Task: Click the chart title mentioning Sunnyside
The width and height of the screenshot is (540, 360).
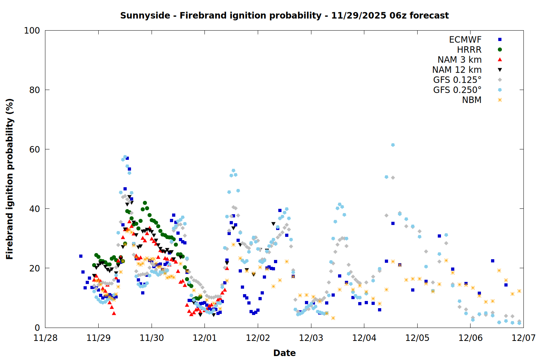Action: click(x=284, y=15)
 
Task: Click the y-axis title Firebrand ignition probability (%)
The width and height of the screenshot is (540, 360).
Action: click(x=9, y=179)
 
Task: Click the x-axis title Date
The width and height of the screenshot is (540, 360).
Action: click(x=284, y=353)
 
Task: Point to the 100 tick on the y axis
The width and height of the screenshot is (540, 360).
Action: click(x=32, y=31)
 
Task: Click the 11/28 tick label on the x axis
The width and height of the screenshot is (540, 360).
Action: click(x=45, y=338)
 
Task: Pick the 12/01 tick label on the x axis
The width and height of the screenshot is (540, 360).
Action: click(x=205, y=338)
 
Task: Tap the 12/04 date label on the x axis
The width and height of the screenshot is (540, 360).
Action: click(x=364, y=338)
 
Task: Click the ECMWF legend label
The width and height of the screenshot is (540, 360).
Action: click(x=465, y=40)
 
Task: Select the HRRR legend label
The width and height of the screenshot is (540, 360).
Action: click(x=469, y=50)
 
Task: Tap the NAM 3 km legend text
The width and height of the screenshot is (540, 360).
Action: click(x=459, y=60)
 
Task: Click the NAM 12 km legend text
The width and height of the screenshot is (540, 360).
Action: click(x=457, y=70)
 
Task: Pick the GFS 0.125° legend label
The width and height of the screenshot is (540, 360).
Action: click(x=457, y=80)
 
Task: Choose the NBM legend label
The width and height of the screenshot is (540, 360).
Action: click(x=472, y=100)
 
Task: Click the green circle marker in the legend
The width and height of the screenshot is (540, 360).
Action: click(x=500, y=50)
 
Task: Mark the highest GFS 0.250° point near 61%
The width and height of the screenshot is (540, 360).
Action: click(x=393, y=145)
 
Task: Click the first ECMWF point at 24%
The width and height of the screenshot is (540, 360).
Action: click(x=81, y=256)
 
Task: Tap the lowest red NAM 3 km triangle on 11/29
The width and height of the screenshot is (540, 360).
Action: click(x=114, y=313)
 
